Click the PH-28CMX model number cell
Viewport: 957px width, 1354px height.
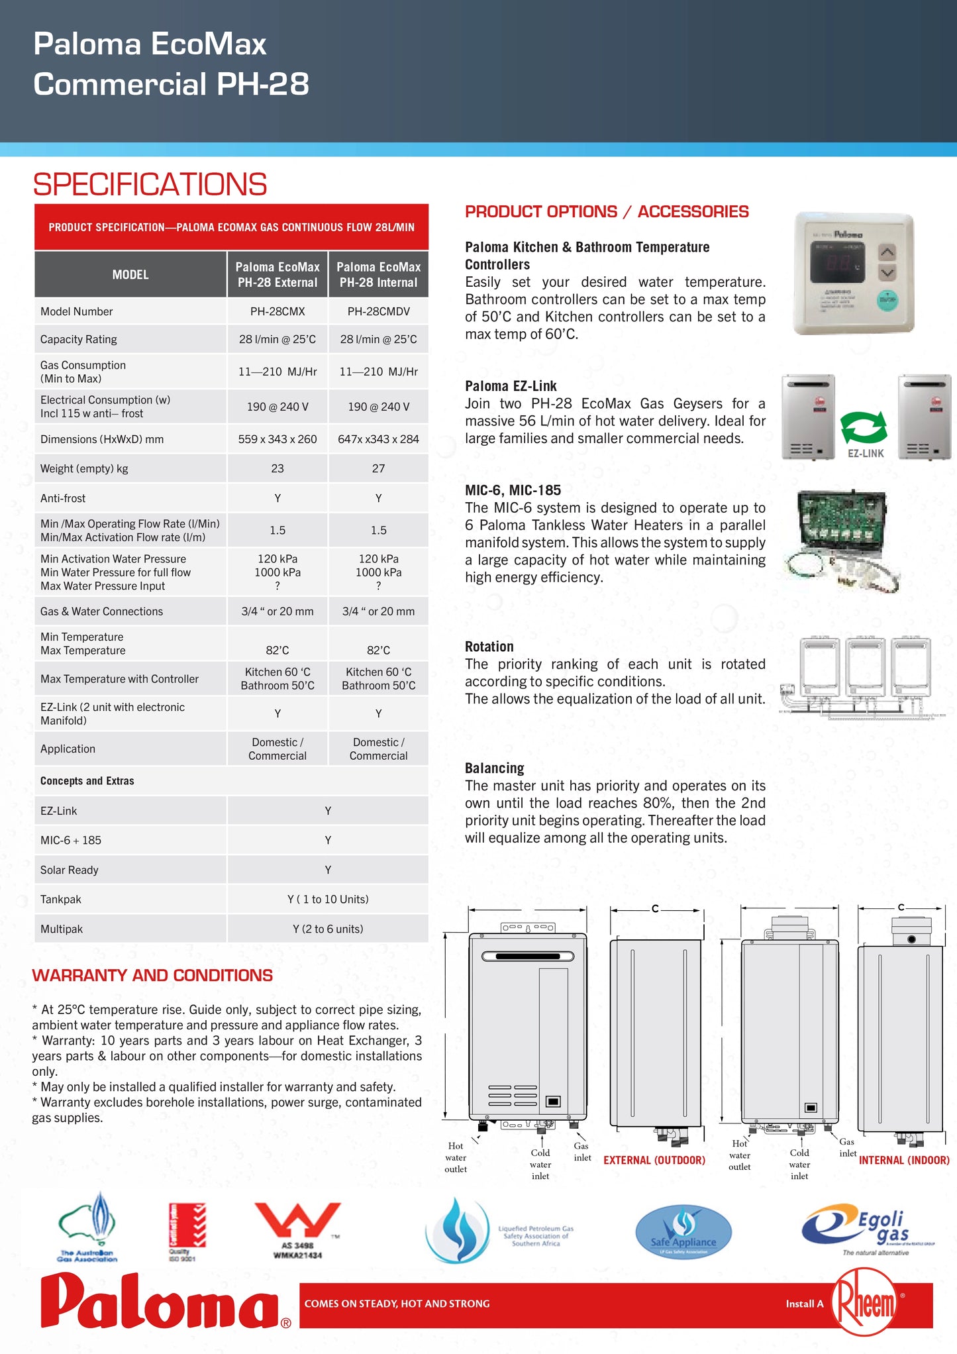pos(277,311)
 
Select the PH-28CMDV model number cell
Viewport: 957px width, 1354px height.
pos(378,311)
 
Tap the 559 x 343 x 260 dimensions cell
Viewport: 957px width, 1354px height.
pos(277,439)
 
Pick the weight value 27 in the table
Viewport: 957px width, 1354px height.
pos(378,468)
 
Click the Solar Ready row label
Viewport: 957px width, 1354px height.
pos(70,870)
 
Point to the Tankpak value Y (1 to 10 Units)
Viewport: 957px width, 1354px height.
pos(328,899)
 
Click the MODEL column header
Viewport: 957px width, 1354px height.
pos(130,274)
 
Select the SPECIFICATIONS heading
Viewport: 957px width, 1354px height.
pos(150,184)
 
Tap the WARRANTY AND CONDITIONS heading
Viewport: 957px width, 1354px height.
pos(152,975)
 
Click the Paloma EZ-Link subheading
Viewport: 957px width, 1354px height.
pos(511,386)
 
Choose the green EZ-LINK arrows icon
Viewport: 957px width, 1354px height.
pos(864,427)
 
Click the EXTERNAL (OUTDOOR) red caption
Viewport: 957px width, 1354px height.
pos(654,1160)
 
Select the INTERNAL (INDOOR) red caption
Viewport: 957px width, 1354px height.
pos(904,1160)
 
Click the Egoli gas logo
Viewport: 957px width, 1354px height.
pos(867,1229)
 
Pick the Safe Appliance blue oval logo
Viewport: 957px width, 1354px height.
pos(683,1232)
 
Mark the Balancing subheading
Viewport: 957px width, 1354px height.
pos(494,768)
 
